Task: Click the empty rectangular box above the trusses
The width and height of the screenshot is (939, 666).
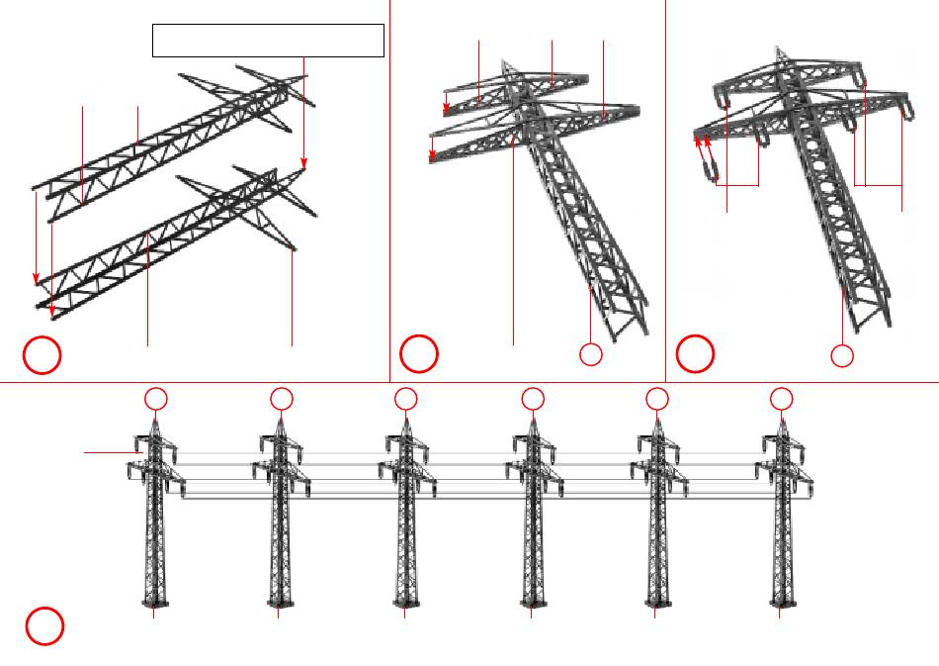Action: click(268, 41)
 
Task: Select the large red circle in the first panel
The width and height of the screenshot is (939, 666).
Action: click(43, 356)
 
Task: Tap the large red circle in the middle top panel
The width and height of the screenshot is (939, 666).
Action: click(419, 353)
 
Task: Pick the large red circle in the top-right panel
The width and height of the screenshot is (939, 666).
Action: click(695, 353)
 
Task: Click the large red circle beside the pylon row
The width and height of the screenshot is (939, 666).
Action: click(44, 626)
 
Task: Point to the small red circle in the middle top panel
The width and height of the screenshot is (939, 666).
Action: click(590, 355)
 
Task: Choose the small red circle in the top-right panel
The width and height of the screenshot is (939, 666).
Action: click(842, 355)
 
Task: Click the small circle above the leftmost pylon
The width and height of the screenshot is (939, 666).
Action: click(155, 398)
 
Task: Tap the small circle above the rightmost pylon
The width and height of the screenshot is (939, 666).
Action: click(782, 398)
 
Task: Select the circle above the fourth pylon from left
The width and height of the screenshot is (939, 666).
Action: click(533, 398)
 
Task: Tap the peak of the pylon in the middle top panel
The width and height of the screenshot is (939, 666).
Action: click(504, 62)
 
